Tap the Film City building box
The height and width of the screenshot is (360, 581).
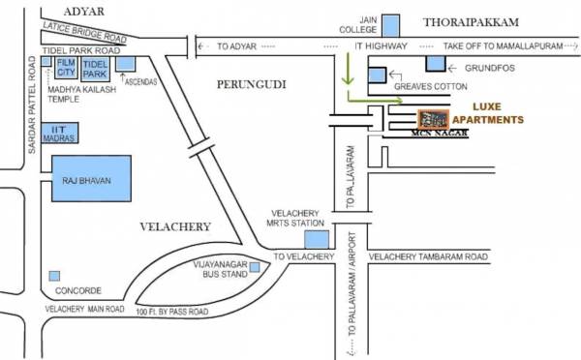[65, 68]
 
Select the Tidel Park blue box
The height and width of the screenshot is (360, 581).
[95, 68]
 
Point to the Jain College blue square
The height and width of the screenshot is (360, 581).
[390, 24]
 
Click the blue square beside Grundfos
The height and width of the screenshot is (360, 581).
[436, 64]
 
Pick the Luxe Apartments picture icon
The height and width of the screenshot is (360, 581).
[432, 120]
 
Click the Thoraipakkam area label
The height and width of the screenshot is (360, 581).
[472, 20]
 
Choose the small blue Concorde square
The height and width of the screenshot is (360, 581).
[54, 276]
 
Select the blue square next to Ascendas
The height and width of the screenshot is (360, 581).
[126, 64]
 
